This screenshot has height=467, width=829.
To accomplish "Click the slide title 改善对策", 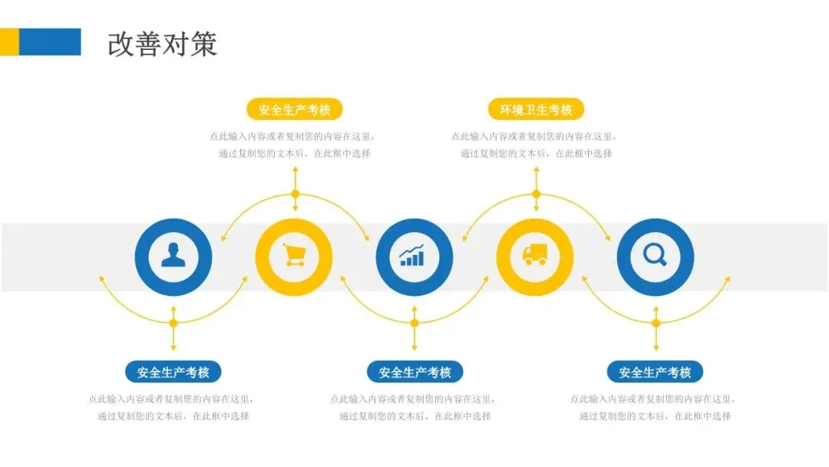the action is coord(162,44).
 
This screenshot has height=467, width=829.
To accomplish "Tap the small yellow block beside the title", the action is coord(9,41).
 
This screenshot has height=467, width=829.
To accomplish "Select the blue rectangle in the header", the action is coord(50,41).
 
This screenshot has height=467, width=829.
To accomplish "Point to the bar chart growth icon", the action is coord(414,257).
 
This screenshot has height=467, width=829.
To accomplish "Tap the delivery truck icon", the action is coord(535,257).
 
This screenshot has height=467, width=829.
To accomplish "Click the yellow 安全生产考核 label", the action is coord(294,109).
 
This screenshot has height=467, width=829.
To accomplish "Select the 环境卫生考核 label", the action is coord(536,109).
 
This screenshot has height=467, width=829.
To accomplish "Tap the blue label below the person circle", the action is coord(173,373).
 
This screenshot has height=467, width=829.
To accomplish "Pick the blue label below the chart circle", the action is coord(414,373).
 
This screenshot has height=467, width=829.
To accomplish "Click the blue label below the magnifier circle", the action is coord(655,373).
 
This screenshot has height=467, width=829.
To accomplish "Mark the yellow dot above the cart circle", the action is coord(295,194).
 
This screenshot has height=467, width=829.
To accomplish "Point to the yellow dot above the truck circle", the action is coord(536,194).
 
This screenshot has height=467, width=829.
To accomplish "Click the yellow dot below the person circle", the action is coord(173,323).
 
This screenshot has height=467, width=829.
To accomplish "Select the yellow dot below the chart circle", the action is coord(414,323).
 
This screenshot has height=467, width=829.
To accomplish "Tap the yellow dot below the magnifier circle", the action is coord(656,323).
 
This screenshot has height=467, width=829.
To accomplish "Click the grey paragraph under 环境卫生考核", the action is coord(536,145).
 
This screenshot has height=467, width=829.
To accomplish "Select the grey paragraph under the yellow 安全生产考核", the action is coord(294,145).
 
